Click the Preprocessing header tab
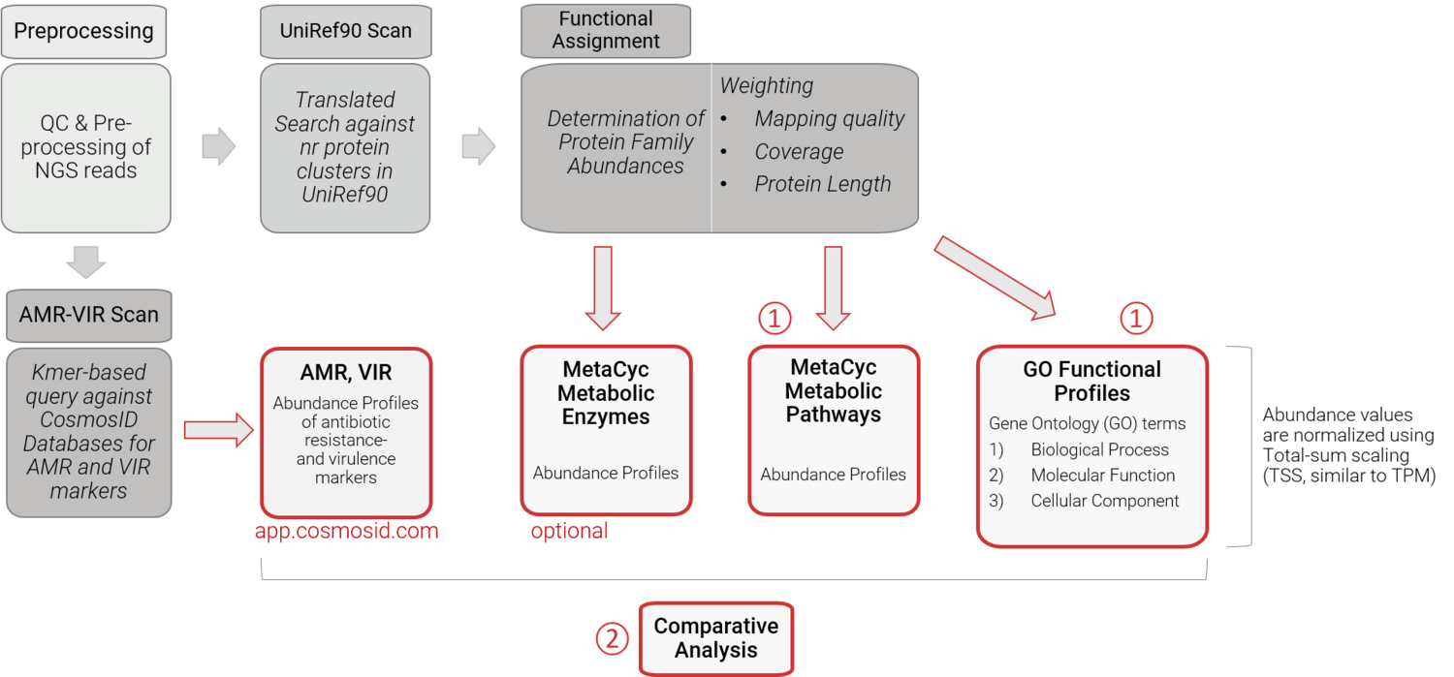click(x=83, y=31)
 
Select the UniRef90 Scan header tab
click(x=345, y=31)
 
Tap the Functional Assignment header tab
click(x=606, y=30)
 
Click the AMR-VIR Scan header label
click(x=89, y=315)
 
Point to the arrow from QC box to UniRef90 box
click(x=219, y=146)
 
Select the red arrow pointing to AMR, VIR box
click(x=219, y=430)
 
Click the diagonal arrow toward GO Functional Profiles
click(x=998, y=279)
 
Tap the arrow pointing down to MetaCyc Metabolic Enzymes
click(x=603, y=288)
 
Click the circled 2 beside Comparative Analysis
click(x=612, y=638)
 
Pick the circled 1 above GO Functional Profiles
click(x=1136, y=317)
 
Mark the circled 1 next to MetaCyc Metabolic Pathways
click(x=774, y=317)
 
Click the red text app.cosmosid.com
click(x=346, y=531)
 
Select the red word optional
click(x=569, y=531)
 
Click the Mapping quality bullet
click(x=829, y=119)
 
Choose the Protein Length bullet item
click(x=822, y=184)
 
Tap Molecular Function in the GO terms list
click(x=1102, y=475)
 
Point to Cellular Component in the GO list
click(x=1104, y=501)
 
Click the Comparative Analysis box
click(x=715, y=638)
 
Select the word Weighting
click(x=766, y=86)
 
